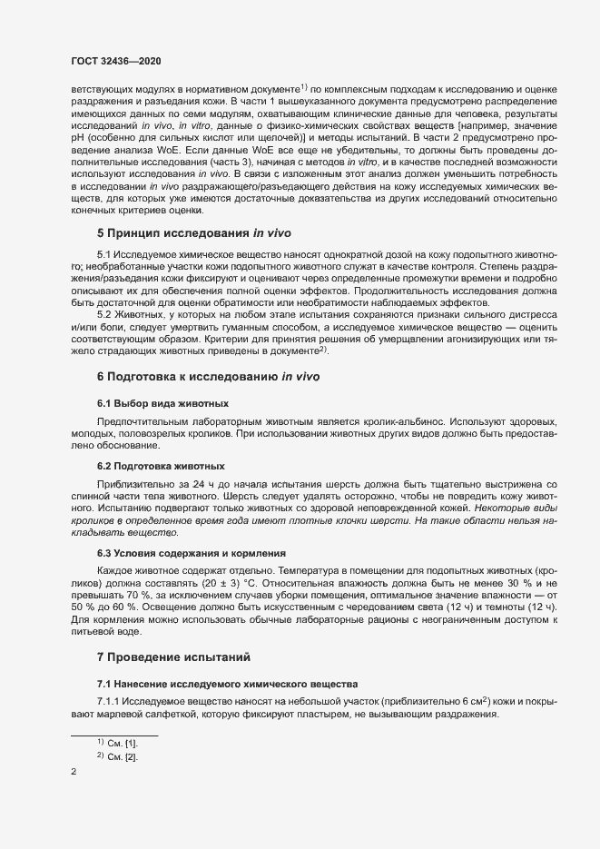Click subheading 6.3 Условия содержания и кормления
pyautogui.click(x=193, y=553)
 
